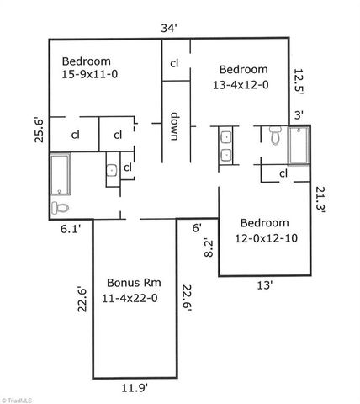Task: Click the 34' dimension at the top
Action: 168,29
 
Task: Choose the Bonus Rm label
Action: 133,290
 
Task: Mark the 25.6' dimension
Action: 39,130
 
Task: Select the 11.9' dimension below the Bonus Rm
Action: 135,388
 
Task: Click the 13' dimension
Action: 264,285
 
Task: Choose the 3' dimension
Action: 298,114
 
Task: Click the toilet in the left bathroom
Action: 60,206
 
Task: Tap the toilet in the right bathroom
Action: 275,135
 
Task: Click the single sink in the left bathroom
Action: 112,170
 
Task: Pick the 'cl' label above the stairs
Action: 175,63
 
